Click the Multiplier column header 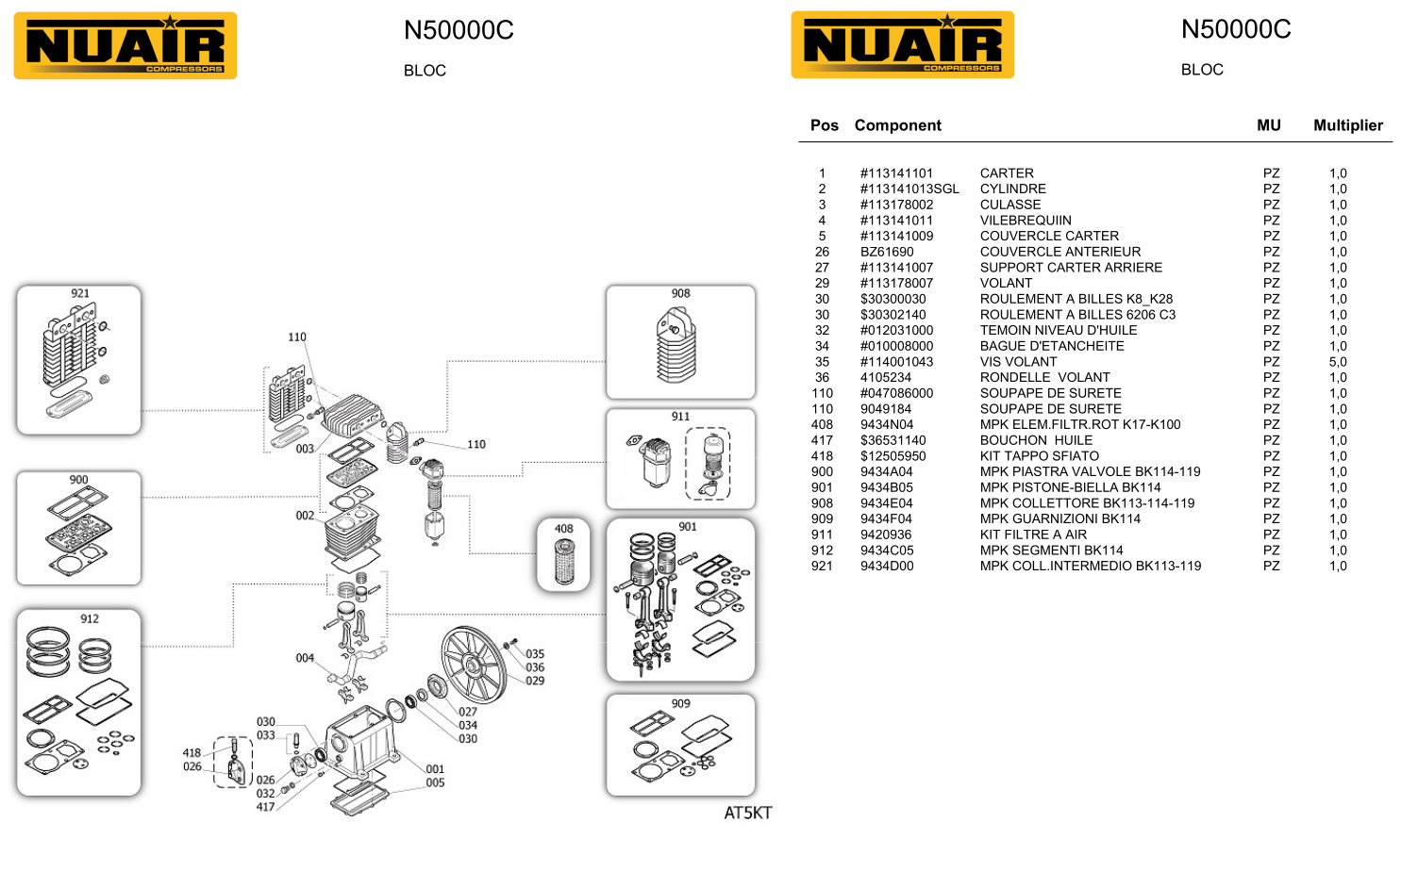(1347, 125)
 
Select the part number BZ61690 (886, 252)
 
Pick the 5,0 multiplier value (1337, 362)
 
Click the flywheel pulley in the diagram (473, 665)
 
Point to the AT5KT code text (747, 813)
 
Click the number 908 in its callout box (680, 293)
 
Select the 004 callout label (305, 658)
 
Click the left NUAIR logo (125, 46)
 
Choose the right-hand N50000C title (1235, 30)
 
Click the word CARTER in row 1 (1006, 173)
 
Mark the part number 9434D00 (886, 567)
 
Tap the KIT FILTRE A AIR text (1032, 534)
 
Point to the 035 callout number (535, 653)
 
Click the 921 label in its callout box (80, 293)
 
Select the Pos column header (824, 125)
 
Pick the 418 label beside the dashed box (192, 752)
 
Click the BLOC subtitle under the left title (425, 71)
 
